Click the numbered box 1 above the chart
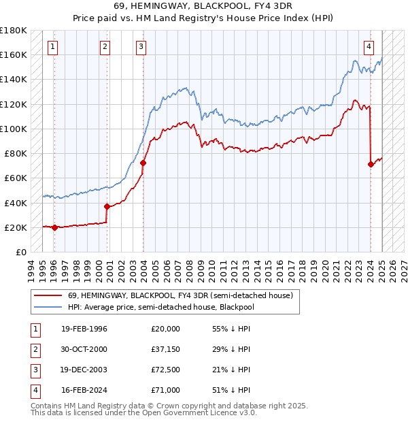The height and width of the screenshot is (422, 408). (53, 47)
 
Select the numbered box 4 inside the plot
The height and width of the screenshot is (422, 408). (369, 47)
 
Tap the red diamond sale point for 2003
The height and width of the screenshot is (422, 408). (143, 163)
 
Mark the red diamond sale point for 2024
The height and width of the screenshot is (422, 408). (371, 164)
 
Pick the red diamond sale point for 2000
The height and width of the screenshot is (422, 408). (107, 206)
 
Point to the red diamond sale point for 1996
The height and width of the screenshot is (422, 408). (54, 227)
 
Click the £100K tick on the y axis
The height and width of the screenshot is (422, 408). (14, 129)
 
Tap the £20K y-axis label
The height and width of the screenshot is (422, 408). (16, 227)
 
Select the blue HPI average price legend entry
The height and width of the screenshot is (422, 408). (169, 307)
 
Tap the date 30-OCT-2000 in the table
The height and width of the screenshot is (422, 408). (84, 349)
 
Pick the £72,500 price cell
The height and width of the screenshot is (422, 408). (166, 370)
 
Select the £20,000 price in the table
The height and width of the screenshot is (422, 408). (166, 329)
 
